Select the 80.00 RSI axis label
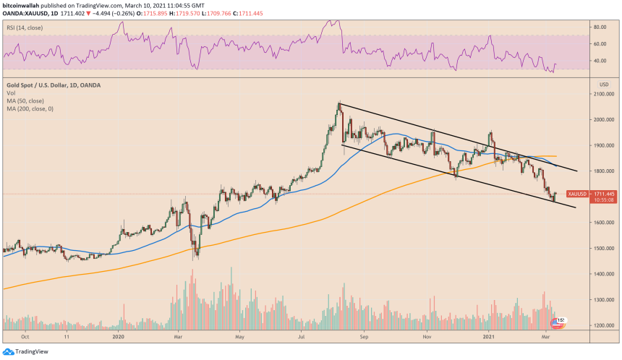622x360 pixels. [x=599, y=27]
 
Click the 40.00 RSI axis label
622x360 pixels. [x=599, y=61]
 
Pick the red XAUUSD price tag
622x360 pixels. [x=576, y=194]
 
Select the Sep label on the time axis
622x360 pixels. [x=365, y=336]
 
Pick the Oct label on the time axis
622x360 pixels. [x=25, y=336]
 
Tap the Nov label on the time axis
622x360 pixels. [x=427, y=336]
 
